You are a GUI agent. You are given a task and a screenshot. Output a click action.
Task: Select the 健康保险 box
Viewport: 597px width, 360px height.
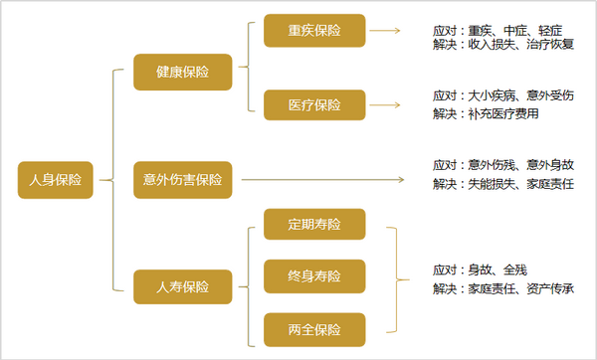point(183,72)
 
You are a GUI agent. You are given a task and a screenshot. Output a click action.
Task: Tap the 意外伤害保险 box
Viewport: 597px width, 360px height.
point(183,180)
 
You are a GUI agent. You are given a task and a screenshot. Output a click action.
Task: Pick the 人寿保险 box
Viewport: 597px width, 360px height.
point(183,287)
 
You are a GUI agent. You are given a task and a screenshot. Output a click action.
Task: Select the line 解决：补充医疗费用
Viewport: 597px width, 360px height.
point(486,113)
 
